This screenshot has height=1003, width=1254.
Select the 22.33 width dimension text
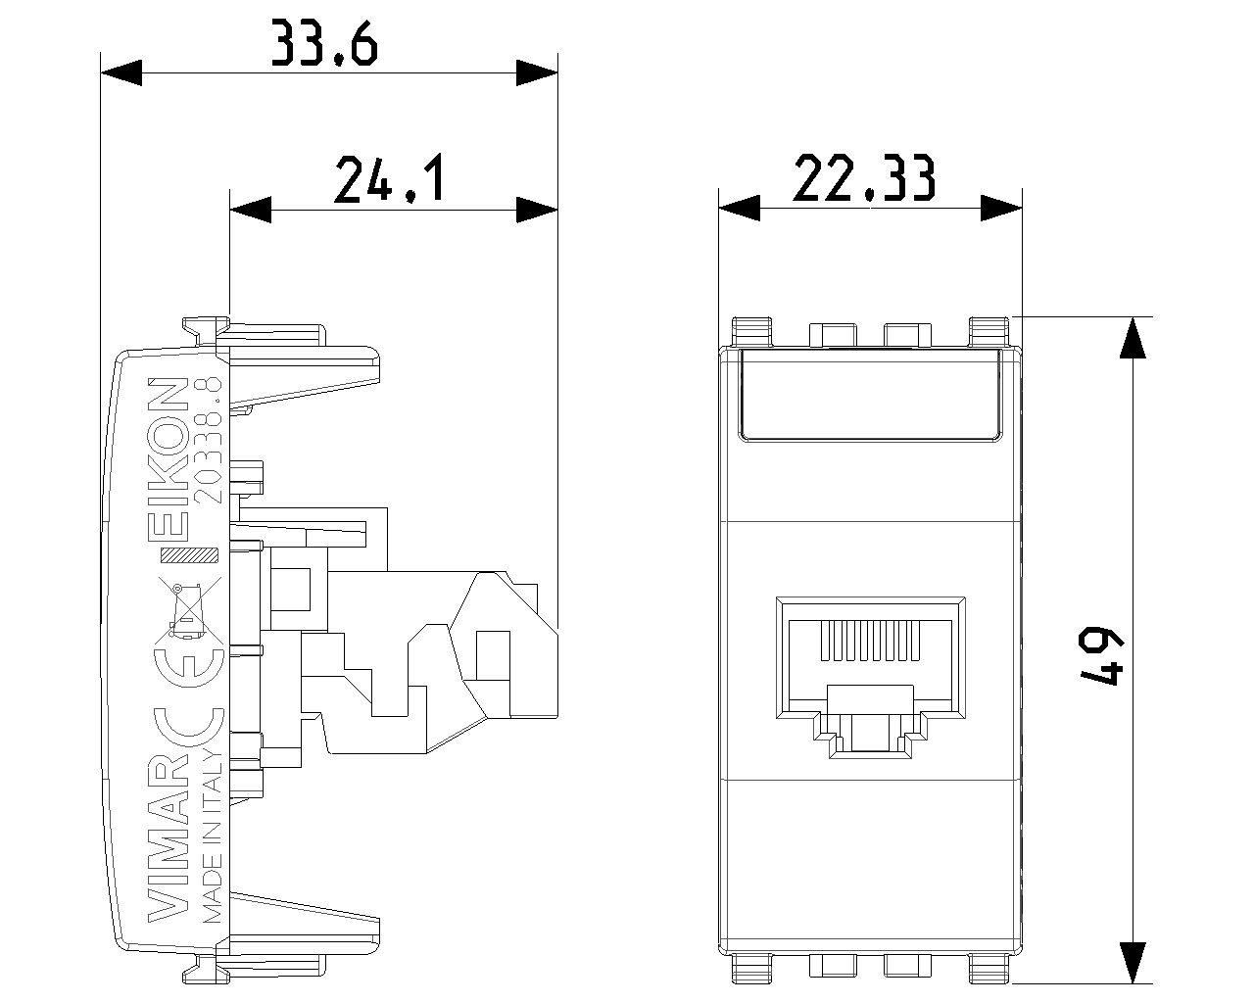click(864, 179)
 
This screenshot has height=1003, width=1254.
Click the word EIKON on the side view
click(174, 458)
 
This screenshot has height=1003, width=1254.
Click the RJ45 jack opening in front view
click(869, 676)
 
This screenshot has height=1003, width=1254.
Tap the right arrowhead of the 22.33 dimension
click(1002, 207)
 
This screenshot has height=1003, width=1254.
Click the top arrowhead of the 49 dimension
click(1133, 337)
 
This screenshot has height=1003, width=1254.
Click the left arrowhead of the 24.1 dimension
click(249, 209)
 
